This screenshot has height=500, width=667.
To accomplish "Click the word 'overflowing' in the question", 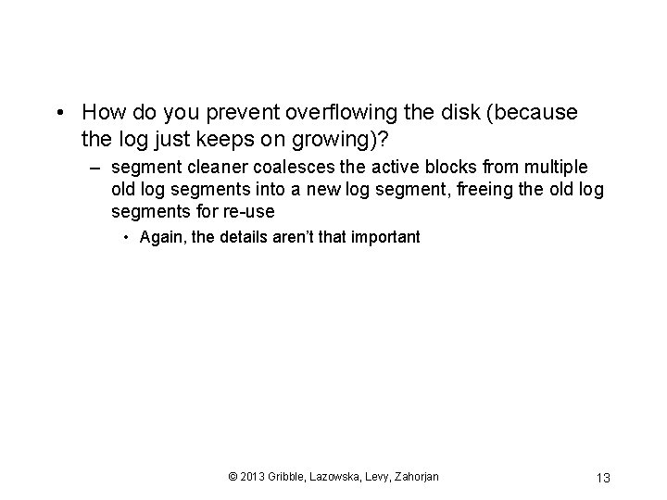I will [x=336, y=113].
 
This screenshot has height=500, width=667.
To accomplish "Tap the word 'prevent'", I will [x=235, y=113].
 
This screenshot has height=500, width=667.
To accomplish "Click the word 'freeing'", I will [x=474, y=190].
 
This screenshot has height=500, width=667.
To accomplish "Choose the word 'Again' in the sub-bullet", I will [x=161, y=237].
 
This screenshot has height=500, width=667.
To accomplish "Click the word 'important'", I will [x=385, y=237].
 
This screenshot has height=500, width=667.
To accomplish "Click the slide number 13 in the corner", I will [x=602, y=478].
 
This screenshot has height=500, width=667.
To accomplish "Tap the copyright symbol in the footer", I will [x=232, y=477].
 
